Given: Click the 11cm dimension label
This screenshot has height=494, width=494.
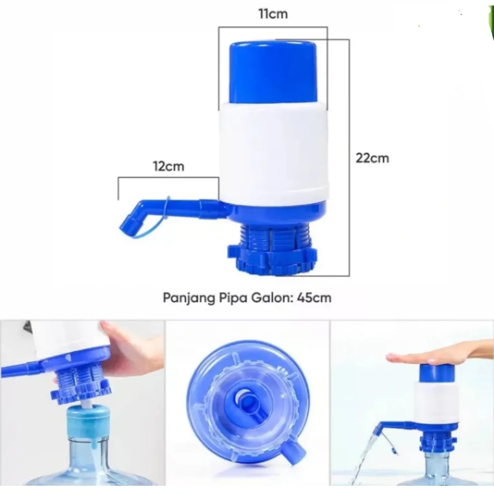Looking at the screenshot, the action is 273,14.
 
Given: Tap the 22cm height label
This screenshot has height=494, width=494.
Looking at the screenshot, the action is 372,158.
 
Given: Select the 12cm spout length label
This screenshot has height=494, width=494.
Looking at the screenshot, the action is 168,166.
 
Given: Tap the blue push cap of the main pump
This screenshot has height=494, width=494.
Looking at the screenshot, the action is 273,72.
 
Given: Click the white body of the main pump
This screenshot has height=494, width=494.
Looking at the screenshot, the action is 274,153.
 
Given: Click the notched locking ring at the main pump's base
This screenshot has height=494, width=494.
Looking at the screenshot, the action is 272,259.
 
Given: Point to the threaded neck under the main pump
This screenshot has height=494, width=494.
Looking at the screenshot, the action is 273,235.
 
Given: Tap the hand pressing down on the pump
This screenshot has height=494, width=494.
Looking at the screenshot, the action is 438,354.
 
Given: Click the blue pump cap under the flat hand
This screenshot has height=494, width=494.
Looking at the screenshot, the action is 437,374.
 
